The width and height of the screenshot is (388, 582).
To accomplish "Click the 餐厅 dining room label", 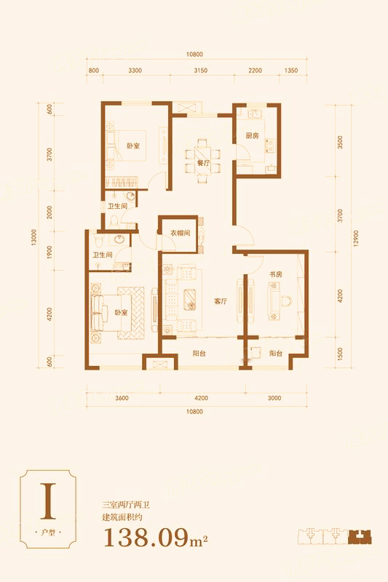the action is (x=204, y=163).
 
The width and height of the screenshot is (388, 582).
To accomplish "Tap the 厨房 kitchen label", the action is (x=252, y=136).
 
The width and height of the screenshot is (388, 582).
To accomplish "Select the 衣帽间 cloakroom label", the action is (x=180, y=233).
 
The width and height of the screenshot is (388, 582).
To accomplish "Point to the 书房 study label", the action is (x=276, y=274).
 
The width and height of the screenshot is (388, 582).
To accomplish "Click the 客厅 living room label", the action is (x=220, y=301).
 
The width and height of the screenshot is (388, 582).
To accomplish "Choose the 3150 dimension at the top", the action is (x=200, y=71).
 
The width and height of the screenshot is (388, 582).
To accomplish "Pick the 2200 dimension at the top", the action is (x=255, y=71).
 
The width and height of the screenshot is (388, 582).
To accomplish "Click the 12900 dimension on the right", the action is (x=356, y=239).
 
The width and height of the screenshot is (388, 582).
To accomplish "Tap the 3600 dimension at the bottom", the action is (x=122, y=398).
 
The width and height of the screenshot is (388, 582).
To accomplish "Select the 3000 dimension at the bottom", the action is (x=274, y=398).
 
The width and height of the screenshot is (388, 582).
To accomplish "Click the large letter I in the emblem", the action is (x=48, y=501).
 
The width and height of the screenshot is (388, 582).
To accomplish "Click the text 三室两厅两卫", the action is (x=126, y=505).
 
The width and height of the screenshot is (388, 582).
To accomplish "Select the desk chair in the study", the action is (x=286, y=300).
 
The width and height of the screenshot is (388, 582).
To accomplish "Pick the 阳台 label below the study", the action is (x=276, y=354).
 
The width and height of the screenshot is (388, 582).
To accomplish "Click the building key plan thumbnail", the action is (x=335, y=536).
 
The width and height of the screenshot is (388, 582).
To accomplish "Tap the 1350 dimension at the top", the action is (x=291, y=71).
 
